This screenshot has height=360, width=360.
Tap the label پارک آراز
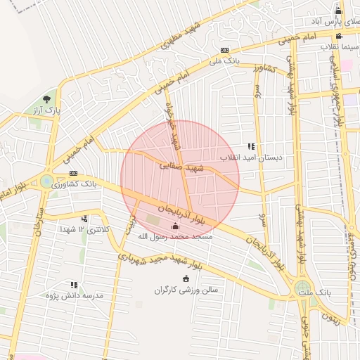49,110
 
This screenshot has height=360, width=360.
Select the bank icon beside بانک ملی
224,51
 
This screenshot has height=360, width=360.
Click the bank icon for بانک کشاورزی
73,173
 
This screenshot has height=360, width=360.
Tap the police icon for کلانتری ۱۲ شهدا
85,219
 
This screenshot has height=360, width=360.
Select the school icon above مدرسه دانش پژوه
74,285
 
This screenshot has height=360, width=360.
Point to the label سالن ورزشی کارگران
187,289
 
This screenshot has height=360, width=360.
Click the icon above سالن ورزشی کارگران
186,278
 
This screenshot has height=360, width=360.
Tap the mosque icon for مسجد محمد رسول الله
175,226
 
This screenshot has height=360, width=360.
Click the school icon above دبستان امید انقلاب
251,147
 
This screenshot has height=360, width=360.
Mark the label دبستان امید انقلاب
252,158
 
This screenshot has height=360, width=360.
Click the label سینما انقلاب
340,46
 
